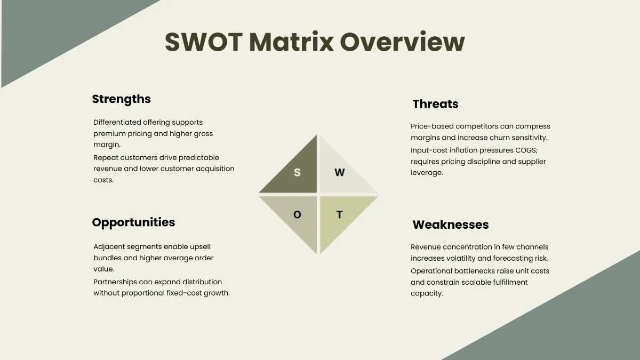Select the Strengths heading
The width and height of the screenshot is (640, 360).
[121, 99]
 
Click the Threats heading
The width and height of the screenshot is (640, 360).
[435, 104]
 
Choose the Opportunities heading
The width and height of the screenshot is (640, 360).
[133, 222]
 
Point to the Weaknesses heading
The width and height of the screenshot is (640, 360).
[450, 225]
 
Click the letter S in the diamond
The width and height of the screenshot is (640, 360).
[297, 173]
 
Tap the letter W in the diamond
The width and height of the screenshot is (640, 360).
[340, 172]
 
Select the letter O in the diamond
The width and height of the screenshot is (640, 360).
[297, 214]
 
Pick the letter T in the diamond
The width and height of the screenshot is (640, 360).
[339, 215]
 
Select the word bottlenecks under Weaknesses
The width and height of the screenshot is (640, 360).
[476, 271]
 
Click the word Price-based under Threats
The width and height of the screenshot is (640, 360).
[433, 126]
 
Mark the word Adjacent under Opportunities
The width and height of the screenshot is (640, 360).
[109, 247]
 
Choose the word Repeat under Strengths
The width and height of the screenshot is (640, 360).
[105, 158]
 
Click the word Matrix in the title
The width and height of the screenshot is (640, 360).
[291, 42]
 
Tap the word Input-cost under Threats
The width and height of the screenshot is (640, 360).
[430, 150]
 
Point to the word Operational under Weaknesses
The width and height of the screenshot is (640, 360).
[431, 271]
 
